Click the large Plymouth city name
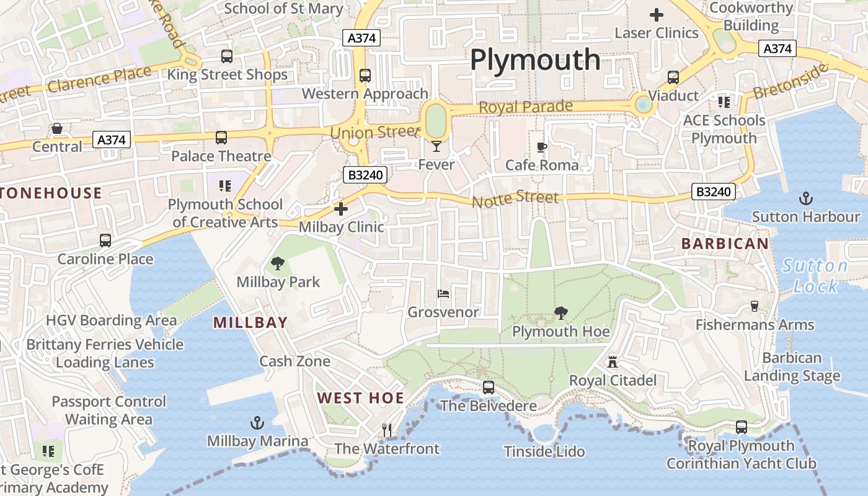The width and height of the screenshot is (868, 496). pos(535,60)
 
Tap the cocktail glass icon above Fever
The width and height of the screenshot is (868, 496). pos(436,146)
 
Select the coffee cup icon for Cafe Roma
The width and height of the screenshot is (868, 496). pos(542,147)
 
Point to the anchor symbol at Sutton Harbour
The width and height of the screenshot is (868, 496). pos(806,198)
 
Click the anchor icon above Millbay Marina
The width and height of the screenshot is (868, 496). pos(257,423)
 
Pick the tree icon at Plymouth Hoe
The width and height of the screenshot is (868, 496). pos(561,313)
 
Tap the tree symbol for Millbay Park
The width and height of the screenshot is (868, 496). pos(278,263)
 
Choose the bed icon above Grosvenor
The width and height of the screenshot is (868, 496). pos(443,293)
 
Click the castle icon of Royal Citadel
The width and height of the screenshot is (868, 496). pos(613,361)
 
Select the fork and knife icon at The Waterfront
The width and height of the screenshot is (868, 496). pos(387,430)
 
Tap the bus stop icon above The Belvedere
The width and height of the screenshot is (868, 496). pos(489,387)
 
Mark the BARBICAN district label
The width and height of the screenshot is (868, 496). pos(725,244)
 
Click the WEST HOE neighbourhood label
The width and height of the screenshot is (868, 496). pos(360,398)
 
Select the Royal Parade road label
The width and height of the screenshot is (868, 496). pos(526,107)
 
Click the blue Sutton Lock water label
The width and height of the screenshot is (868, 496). pos(815,276)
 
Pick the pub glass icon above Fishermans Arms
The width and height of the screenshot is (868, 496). pos(754,306)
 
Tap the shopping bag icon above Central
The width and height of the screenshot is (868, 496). pos(57,128)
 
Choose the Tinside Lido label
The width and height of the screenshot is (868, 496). pos(544,451)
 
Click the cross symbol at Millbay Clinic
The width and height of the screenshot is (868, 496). pos(340,209)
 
